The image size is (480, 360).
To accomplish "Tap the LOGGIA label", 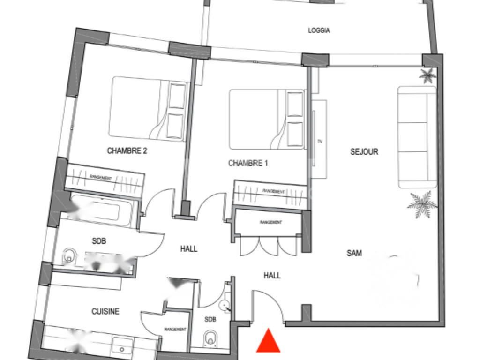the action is (x=319, y=30).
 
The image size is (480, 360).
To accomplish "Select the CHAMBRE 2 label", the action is (x=127, y=150).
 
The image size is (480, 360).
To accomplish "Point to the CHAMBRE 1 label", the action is (x=248, y=163).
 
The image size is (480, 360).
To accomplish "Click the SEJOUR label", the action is (x=364, y=151).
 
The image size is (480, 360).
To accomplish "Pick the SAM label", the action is (x=354, y=253).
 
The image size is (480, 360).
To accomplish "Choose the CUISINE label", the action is (x=105, y=311).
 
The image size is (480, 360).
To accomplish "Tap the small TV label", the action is (x=320, y=142).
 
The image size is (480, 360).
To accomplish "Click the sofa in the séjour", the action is (x=417, y=137).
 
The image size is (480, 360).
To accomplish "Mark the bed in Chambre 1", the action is (x=267, y=120).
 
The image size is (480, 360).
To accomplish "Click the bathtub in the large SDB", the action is (x=102, y=210).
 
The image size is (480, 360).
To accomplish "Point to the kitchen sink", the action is (x=122, y=345).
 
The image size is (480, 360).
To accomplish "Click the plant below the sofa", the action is (x=422, y=204).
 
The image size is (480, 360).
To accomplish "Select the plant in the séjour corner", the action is (x=427, y=75).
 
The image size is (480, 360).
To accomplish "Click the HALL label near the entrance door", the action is (x=272, y=276).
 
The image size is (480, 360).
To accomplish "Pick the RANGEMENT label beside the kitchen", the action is (x=175, y=330).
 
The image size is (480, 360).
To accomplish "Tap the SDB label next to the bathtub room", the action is (x=99, y=241).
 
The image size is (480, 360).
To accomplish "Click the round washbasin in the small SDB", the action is (x=225, y=305).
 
